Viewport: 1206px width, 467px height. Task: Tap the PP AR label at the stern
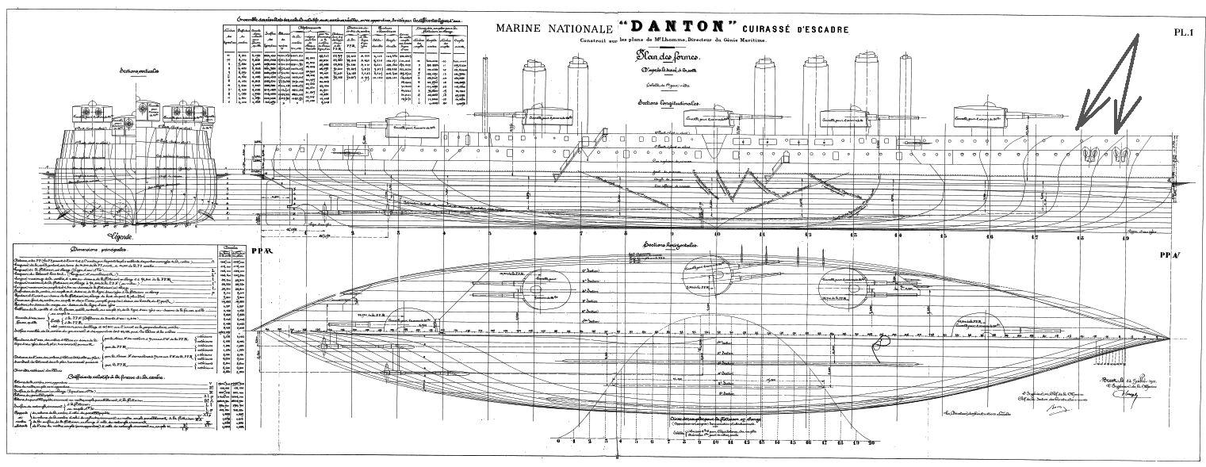261,251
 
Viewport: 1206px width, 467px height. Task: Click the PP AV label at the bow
1169,255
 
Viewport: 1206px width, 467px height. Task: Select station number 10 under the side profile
717,235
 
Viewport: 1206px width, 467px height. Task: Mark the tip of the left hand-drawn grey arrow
1077,127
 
